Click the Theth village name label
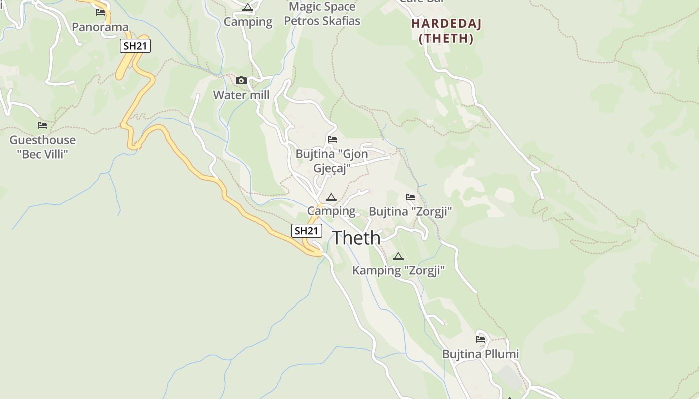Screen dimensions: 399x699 356,238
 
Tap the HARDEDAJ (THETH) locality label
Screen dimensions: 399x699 446,31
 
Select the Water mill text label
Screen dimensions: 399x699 241,95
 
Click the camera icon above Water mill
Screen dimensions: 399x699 241,80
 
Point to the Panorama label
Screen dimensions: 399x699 100,27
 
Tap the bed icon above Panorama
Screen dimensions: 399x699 100,12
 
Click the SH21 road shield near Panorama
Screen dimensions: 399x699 135,46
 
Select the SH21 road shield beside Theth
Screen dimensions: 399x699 307,231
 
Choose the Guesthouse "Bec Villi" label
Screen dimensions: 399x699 43,147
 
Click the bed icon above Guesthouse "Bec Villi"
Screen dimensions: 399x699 42,125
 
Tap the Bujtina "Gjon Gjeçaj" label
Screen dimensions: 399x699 332,161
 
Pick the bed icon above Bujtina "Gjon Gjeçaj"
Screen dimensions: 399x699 332,139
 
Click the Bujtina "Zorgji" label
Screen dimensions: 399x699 410,212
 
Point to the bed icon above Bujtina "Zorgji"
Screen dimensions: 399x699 410,197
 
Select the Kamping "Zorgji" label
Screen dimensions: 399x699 398,271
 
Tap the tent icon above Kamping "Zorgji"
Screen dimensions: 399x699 398,257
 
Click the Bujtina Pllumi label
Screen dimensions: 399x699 480,354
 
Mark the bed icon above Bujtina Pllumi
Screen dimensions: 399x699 480,339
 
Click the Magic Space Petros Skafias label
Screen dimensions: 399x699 322,14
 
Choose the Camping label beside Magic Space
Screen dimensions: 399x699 248,22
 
